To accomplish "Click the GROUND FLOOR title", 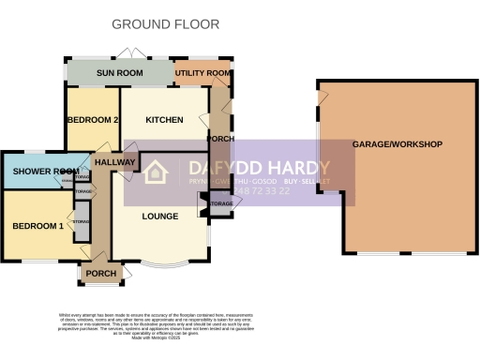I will pyautogui.click(x=166, y=23).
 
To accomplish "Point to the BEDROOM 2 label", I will pyautogui.click(x=91, y=120).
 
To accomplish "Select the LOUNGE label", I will pyautogui.click(x=160, y=217).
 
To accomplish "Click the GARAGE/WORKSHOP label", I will pyautogui.click(x=397, y=144).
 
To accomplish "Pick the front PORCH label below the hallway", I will pyautogui.click(x=100, y=275).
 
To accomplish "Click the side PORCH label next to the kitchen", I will pyautogui.click(x=221, y=140).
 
